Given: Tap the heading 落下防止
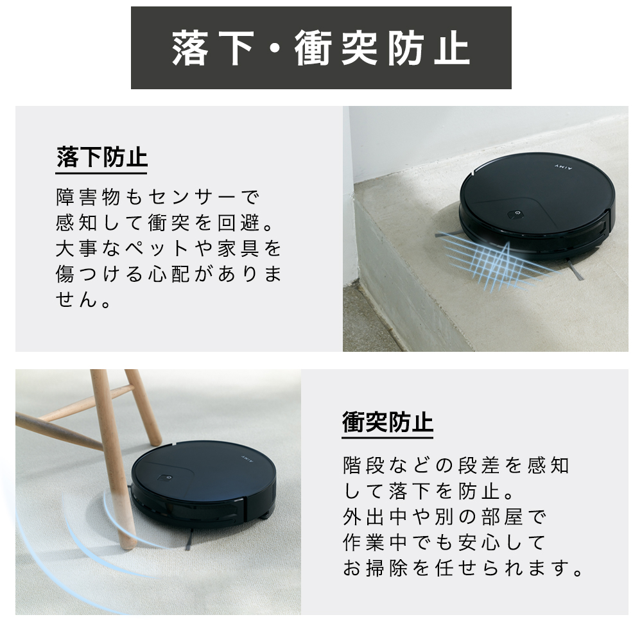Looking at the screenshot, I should (101, 157).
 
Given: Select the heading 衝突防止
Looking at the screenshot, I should (387, 422).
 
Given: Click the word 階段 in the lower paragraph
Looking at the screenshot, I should (365, 465).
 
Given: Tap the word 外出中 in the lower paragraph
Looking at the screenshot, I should (376, 517).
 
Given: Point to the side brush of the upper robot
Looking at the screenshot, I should (575, 272).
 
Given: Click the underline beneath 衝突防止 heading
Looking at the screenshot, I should (387, 438).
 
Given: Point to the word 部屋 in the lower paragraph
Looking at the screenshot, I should (501, 517).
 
